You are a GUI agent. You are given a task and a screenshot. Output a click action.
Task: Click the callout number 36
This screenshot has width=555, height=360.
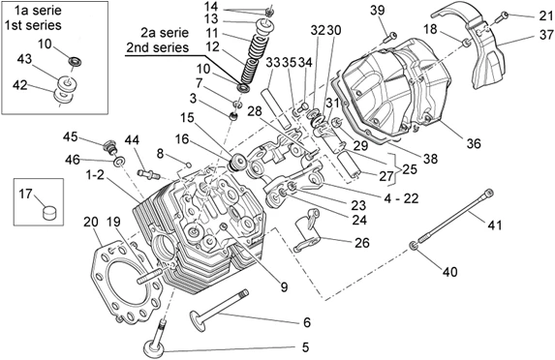tap(474, 143)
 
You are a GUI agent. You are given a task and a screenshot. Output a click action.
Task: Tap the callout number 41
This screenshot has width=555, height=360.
tap(495, 225)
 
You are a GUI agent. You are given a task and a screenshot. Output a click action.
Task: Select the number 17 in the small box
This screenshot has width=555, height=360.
tap(25, 194)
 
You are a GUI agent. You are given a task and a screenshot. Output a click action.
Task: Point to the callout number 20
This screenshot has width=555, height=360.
tap(91, 222)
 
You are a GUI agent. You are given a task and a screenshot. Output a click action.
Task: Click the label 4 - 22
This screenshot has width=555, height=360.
tap(401, 198)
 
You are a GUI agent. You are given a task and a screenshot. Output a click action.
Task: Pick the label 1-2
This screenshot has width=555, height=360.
tap(96, 174)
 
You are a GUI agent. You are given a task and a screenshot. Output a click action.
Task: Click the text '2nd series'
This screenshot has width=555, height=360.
tap(158, 47)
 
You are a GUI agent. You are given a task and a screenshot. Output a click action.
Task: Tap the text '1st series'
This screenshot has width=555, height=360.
tap(33, 25)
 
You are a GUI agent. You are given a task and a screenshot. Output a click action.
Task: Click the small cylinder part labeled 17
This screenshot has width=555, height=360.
tap(48, 213)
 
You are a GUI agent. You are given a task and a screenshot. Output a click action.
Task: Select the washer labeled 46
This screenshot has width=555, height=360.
tap(119, 162)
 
